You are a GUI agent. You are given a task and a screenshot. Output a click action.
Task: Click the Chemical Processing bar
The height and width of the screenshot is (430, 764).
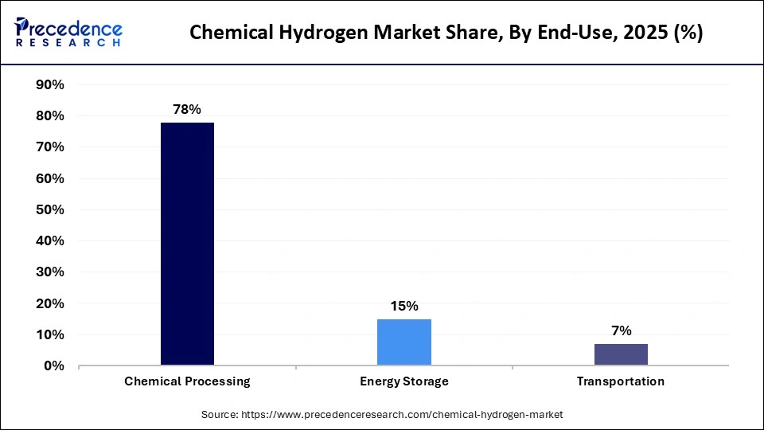pos(187,244)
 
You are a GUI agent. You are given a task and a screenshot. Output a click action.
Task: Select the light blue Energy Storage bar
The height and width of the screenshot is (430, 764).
pos(404,342)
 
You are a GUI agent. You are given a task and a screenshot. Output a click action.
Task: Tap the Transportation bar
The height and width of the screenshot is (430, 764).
pos(621,355)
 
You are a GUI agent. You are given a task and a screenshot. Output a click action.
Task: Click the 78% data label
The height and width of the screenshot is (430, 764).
pos(187,110)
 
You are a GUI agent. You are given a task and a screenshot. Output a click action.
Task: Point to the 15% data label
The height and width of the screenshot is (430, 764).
pos(404,307)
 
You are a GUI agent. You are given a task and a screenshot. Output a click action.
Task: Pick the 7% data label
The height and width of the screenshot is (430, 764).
pos(621,331)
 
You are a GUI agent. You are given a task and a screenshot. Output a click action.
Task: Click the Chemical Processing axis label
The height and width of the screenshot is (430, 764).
pos(187,381)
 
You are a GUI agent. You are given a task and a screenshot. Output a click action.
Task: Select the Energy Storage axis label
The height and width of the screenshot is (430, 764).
pos(404,381)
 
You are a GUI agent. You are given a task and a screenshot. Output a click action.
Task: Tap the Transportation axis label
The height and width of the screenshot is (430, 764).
pos(621,381)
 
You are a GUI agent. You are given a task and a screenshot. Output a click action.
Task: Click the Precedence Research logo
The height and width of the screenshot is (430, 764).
pos(68,32)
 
